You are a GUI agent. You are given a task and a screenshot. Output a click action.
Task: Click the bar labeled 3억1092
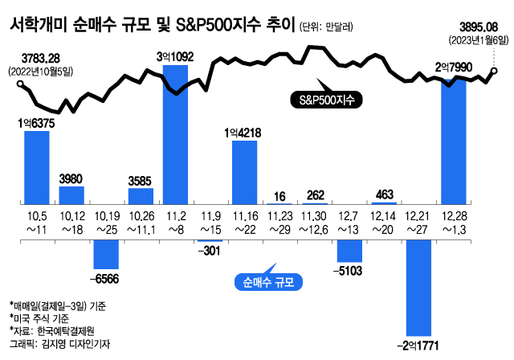point(175,137)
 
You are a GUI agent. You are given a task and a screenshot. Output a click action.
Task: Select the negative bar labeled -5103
point(349,251)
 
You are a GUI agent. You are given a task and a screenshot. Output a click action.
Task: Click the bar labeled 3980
point(71,198)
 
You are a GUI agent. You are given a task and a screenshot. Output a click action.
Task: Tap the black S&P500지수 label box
point(325,100)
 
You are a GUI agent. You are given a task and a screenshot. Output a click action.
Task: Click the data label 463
point(383,194)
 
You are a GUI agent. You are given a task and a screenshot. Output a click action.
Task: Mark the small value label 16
point(279,194)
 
